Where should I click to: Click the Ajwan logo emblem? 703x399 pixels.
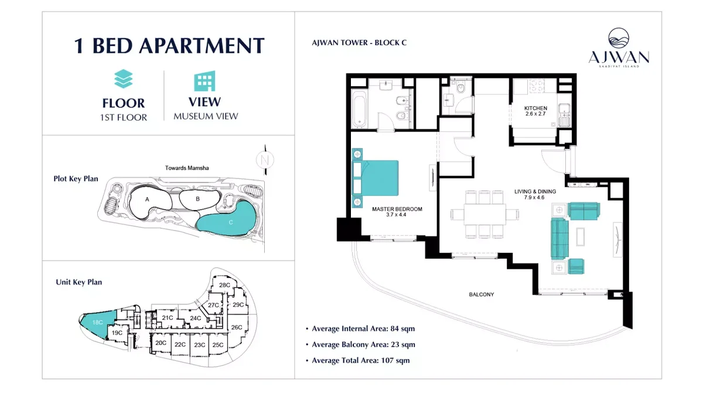tap(619, 39)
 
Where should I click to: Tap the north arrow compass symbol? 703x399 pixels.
tap(265, 159)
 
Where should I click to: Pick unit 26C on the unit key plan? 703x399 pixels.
tap(236, 327)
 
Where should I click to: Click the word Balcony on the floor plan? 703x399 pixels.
tap(481, 295)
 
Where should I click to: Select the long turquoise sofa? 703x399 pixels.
tap(559, 239)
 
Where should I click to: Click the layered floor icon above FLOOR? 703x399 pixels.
tap(124, 79)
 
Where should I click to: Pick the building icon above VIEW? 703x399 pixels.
tap(205, 82)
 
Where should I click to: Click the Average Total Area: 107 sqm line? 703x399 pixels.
tap(360, 360)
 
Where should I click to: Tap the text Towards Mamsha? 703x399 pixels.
tap(187, 168)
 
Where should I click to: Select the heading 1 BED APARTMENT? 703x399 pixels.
tap(169, 46)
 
